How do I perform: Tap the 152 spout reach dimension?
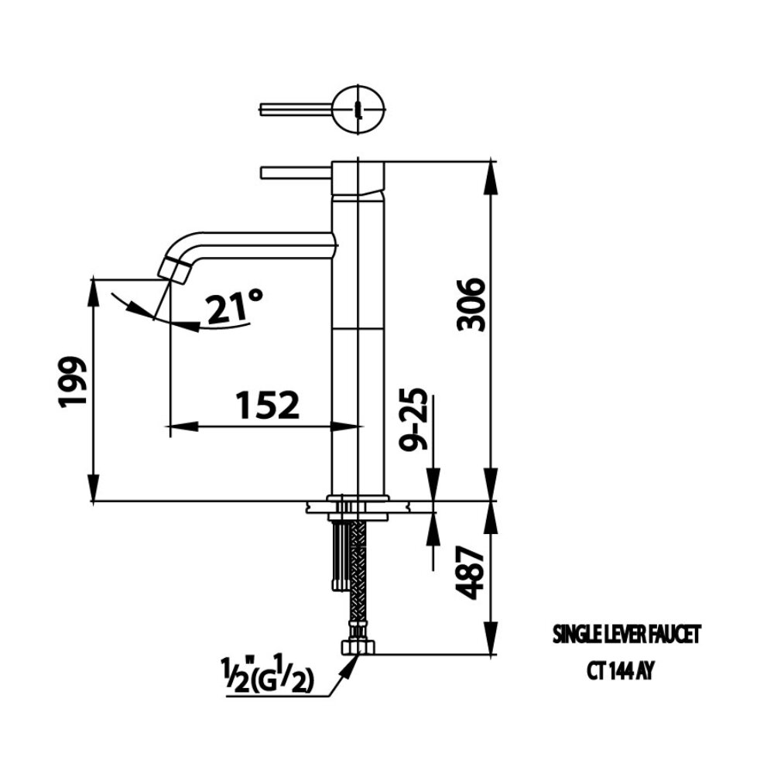coord(266,406)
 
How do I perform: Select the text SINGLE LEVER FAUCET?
coord(625,635)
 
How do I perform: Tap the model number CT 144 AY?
coord(620,671)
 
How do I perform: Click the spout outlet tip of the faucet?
coord(173,270)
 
